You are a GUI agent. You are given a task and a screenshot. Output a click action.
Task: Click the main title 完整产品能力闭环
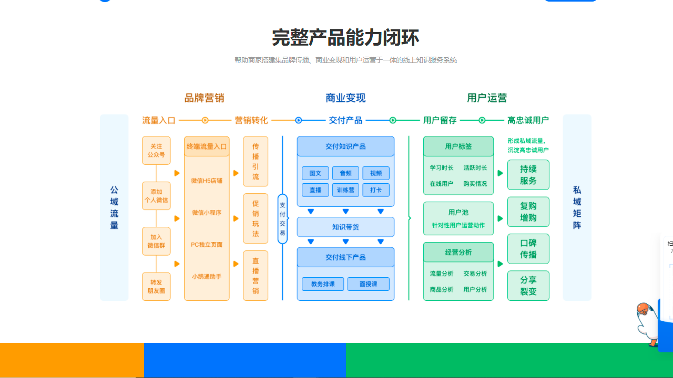(x=345, y=38)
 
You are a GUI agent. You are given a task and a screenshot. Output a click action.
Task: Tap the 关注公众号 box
(x=156, y=151)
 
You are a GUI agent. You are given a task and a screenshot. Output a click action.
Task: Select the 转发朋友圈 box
(x=156, y=286)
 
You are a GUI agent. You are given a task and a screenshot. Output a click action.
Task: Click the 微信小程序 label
(x=207, y=213)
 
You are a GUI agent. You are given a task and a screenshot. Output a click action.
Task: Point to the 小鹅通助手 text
(x=207, y=276)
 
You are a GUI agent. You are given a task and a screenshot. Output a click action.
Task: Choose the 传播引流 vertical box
(x=256, y=162)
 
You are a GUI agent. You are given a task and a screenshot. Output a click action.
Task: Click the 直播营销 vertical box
(x=256, y=276)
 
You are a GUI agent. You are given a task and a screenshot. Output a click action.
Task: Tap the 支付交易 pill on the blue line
(x=282, y=219)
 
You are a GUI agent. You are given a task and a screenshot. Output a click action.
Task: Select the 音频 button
(x=345, y=173)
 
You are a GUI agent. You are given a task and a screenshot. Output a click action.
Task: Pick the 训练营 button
(x=345, y=190)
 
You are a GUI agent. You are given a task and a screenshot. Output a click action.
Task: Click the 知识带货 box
(x=345, y=227)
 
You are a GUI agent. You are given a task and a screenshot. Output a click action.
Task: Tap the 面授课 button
(x=368, y=284)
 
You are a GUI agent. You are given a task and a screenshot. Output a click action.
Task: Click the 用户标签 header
(x=458, y=146)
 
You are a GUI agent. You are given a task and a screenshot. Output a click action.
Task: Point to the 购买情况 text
(x=475, y=184)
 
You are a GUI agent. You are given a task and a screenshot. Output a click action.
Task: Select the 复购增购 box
(x=528, y=212)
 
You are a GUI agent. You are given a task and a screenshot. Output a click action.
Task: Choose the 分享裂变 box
(x=528, y=286)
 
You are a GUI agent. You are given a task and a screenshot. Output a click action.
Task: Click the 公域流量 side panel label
(x=114, y=207)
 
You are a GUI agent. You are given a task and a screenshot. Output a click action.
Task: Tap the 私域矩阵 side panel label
(x=577, y=207)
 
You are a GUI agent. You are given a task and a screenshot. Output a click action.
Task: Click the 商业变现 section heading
(x=345, y=98)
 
